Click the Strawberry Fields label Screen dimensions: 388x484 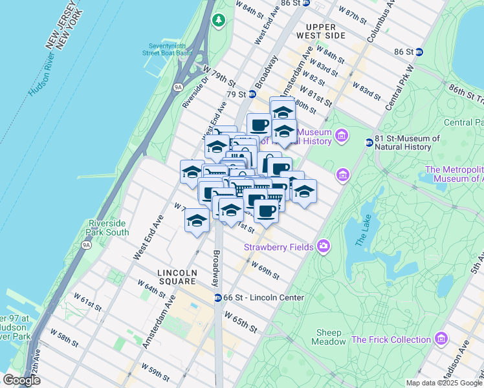278,246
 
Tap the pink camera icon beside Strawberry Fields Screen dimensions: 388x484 323,246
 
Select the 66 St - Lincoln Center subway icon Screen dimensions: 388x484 218,297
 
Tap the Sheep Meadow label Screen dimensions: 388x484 329,337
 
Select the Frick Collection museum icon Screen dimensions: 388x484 441,339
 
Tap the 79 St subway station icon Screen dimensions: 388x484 252,94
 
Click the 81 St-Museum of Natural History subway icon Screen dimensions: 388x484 369,142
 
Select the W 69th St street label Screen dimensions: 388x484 265,270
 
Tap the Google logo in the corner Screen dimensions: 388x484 21,380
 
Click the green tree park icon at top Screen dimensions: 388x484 219,21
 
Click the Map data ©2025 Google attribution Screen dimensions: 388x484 443,383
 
